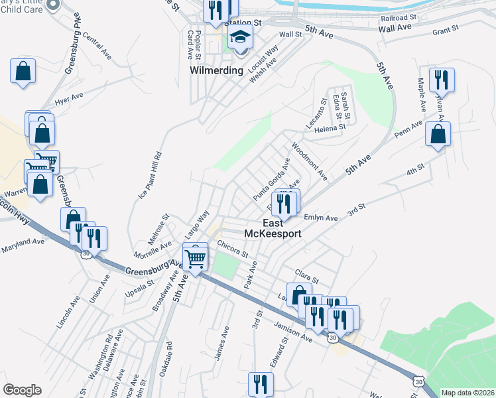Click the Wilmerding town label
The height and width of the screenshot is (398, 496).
pyautogui.click(x=217, y=69)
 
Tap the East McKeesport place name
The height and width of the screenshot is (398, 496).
pyautogui.click(x=273, y=229)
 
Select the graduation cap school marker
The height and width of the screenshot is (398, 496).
pyautogui.click(x=241, y=38)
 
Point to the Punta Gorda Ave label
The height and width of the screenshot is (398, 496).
pyautogui.click(x=272, y=179)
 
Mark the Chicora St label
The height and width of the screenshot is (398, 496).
pyautogui.click(x=233, y=249)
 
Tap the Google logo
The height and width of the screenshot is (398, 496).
pyautogui.click(x=22, y=390)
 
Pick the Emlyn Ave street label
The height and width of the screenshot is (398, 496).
pyautogui.click(x=320, y=218)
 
